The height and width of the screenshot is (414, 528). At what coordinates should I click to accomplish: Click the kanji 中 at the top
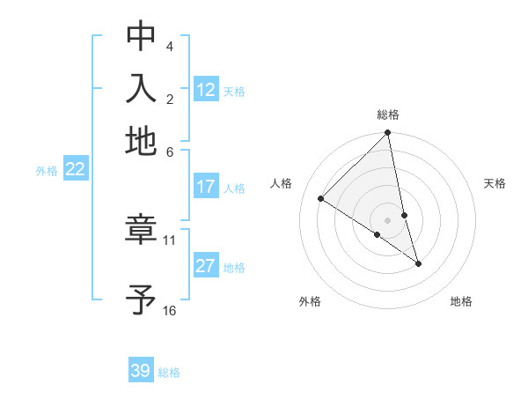coord(141,37)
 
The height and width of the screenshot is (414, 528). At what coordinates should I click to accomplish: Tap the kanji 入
coord(141,89)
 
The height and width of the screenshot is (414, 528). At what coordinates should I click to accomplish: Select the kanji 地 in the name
coord(141,141)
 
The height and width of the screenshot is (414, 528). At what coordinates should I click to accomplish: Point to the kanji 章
coord(141,231)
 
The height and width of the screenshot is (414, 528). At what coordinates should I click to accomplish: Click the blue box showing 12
coord(206,90)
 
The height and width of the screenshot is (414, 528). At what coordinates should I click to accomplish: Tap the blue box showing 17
coord(206,187)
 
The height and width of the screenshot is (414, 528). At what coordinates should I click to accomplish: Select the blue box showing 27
coord(206,267)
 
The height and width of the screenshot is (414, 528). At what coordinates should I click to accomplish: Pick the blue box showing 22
coord(75,170)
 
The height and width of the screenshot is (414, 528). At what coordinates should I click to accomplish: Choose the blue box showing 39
coord(141,371)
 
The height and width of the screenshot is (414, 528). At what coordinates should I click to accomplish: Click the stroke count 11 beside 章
coord(170,240)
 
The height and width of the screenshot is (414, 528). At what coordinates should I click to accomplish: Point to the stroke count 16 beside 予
coord(170,310)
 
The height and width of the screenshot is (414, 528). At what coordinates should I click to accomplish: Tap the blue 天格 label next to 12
coord(234,92)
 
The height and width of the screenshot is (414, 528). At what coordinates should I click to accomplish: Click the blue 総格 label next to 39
coord(169,373)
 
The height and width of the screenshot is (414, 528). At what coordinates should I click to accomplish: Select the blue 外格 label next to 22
coord(47,171)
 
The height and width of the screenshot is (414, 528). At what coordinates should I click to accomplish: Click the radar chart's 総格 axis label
coord(388,115)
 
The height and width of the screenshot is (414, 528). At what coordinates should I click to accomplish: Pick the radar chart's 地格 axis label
coord(461,301)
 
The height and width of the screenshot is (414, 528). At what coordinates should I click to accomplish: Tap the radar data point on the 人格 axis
coord(321,199)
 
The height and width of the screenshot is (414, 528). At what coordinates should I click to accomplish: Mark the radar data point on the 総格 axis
coord(388,133)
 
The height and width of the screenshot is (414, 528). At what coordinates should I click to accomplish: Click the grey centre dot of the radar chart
coord(388,219)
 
